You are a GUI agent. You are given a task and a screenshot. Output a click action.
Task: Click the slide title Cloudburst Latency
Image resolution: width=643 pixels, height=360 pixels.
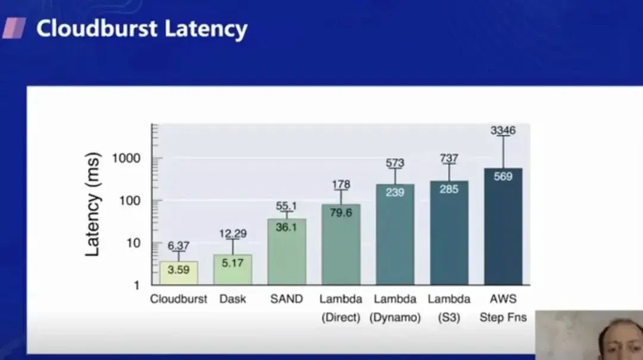coord(142,29)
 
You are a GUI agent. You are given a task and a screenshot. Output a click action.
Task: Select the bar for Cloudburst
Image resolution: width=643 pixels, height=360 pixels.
coord(179,273)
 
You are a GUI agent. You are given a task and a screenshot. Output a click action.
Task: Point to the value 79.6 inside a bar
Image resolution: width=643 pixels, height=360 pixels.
coord(341,213)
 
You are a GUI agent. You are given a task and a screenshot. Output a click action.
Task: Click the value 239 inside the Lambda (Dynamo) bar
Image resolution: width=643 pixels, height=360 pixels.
coord(395,192)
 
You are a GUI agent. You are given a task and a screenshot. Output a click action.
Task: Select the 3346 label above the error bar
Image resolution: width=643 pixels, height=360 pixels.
coord(503,130)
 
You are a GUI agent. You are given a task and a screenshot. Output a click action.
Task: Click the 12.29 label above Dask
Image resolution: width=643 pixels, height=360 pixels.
coord(232,234)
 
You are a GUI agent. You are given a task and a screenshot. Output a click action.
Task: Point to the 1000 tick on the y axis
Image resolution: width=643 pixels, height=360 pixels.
coord(128,158)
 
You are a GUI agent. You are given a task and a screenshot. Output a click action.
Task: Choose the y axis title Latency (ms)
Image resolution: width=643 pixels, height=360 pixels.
coord(93,204)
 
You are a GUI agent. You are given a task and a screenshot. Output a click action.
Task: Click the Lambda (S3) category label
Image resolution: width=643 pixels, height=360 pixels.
coord(449,308)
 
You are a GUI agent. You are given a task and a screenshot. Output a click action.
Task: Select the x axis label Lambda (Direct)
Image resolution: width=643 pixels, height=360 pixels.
coord(341,308)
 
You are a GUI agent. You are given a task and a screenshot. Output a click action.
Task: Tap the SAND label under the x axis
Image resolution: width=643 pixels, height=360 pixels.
coord(286,299)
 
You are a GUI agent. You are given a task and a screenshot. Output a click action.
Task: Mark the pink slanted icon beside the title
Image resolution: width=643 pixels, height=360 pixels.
coord(14,28)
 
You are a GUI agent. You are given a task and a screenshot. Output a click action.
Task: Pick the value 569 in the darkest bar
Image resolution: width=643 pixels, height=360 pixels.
coord(503,176)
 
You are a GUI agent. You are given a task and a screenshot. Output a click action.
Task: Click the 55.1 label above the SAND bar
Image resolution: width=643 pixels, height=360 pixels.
coord(286,206)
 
